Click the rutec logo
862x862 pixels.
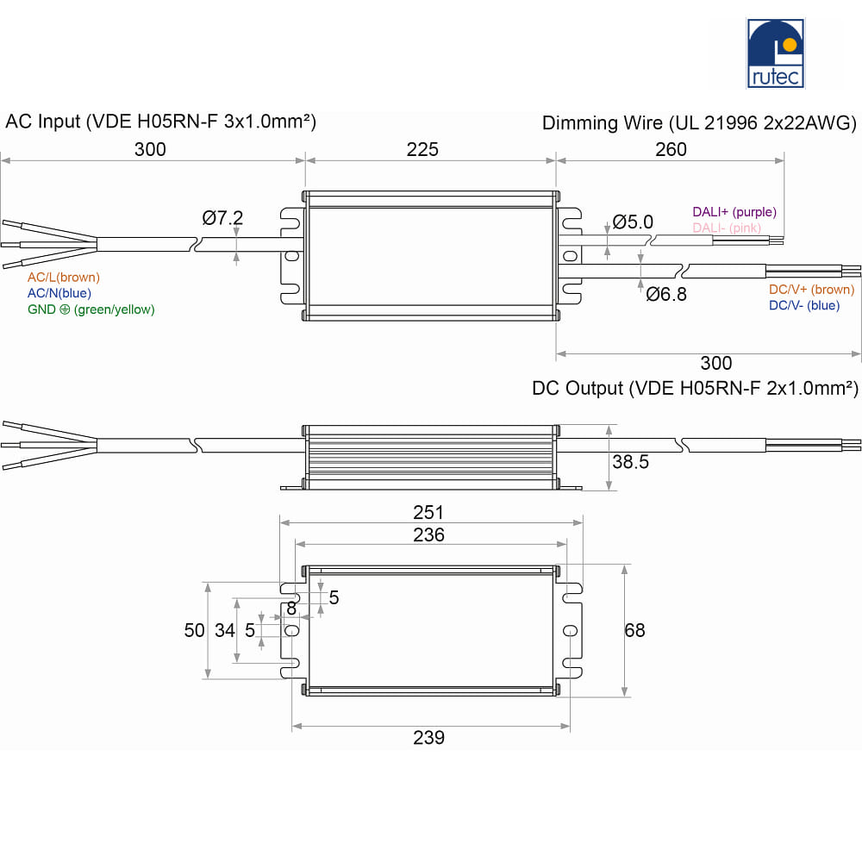pos(775,53)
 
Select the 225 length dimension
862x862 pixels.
pos(422,149)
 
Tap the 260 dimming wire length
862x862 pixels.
pos(671,149)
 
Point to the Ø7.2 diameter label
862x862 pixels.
pos(222,218)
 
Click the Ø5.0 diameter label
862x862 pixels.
pos(633,222)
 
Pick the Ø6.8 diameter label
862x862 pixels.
pos(666,295)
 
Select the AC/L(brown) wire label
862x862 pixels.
pos(64,278)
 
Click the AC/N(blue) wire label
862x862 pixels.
pos(59,294)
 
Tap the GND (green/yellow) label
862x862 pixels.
pos(91,309)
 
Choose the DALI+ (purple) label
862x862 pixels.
pos(734,212)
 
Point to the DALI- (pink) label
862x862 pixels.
pos(727,228)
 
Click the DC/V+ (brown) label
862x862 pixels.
pos(811,290)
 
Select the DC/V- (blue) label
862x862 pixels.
pos(804,306)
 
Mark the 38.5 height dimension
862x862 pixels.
pos(631,462)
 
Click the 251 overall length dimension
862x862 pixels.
pos(428,512)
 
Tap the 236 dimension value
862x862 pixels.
pos(428,535)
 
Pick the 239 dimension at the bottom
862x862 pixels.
pos(428,738)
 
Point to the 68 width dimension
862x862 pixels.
pos(635,631)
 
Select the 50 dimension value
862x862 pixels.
pos(195,631)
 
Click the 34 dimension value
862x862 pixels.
pos(225,631)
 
